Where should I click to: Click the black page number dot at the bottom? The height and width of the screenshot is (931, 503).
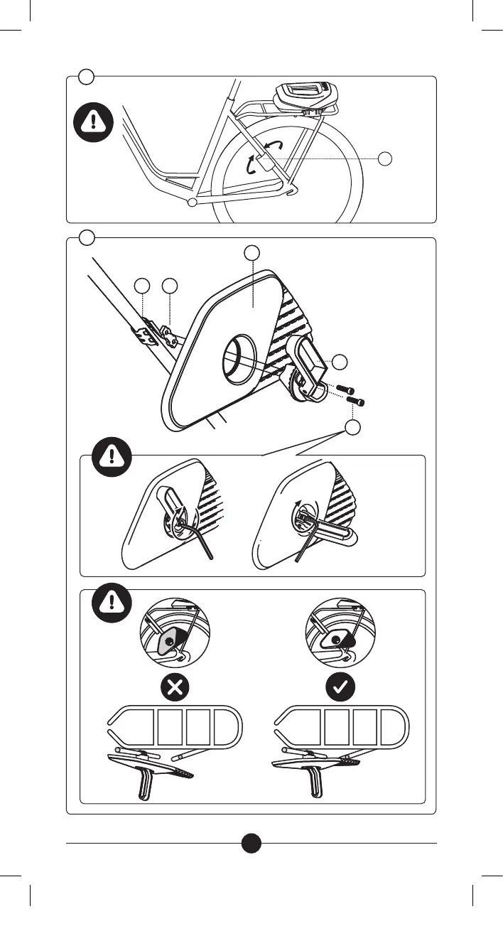pyautogui.click(x=251, y=843)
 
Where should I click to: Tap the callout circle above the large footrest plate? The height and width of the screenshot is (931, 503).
pyautogui.click(x=251, y=253)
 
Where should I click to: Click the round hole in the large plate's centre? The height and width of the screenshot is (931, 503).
pyautogui.click(x=240, y=358)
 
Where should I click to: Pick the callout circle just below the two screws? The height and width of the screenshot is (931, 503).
pyautogui.click(x=353, y=427)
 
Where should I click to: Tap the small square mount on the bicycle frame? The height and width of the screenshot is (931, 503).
pyautogui.click(x=263, y=163)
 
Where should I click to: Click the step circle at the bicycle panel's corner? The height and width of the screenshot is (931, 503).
pyautogui.click(x=86, y=76)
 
